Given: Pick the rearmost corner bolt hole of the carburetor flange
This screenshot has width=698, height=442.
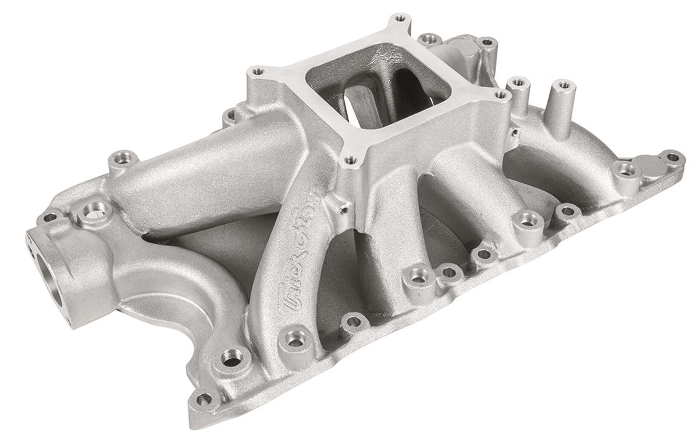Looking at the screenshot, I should tap(399, 19).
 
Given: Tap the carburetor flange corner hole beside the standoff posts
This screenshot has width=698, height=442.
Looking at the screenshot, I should tap(500, 94).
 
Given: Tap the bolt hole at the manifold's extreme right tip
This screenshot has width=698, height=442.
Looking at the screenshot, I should tap(672, 157).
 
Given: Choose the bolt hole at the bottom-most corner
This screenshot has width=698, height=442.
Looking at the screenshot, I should tap(203, 400).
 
